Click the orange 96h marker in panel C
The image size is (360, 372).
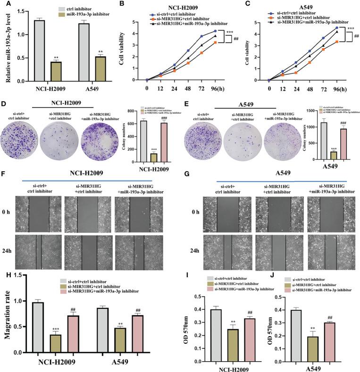coord(323,41)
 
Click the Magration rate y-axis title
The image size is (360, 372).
coord(7,313)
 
